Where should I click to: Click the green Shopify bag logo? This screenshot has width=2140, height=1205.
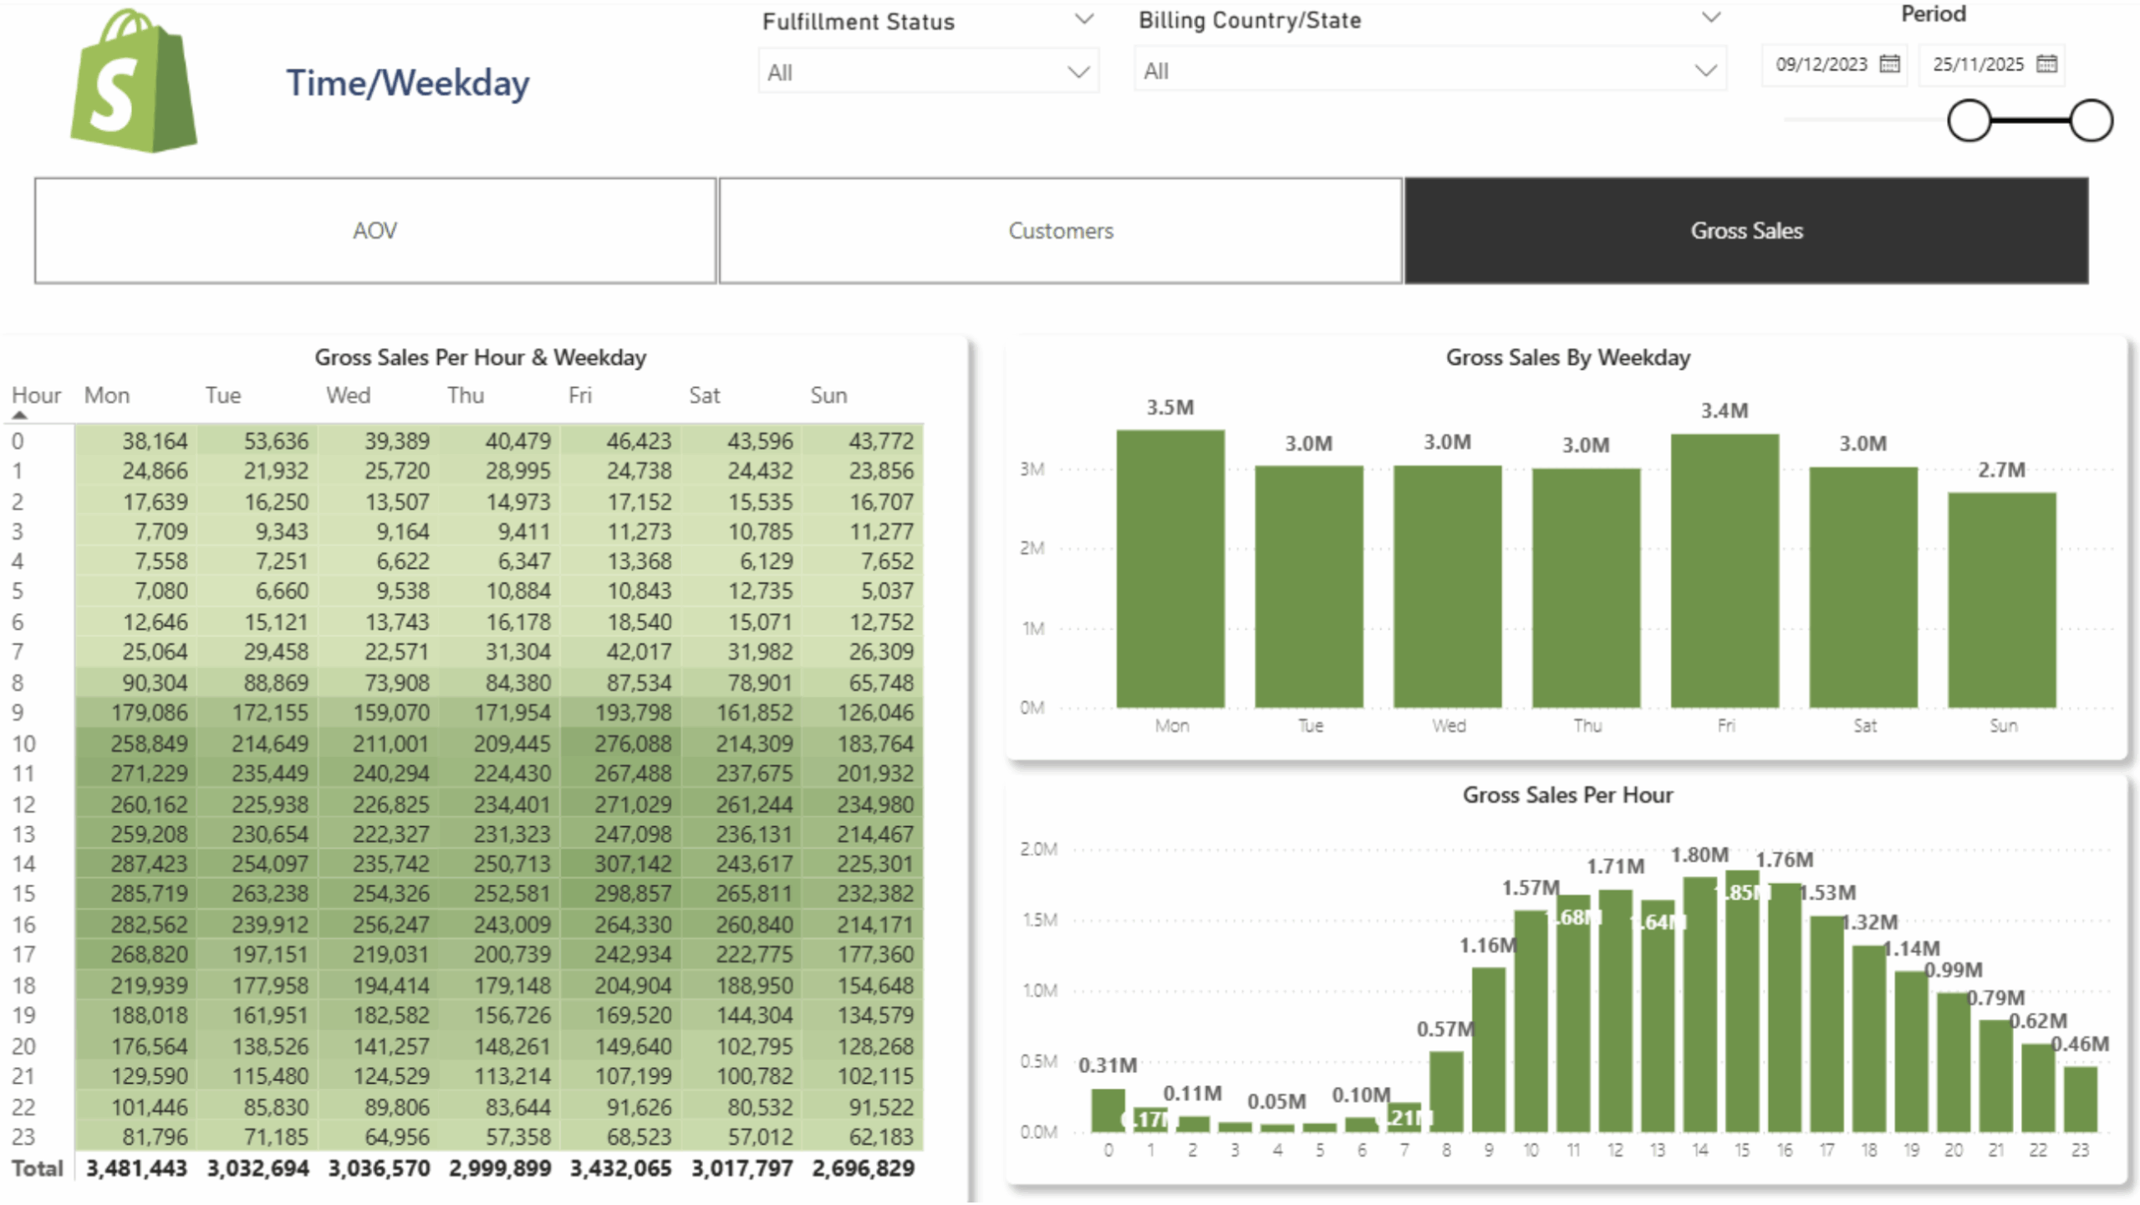click(134, 84)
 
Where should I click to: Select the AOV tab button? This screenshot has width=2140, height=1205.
click(374, 231)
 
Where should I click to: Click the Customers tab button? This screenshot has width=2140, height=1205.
click(1060, 231)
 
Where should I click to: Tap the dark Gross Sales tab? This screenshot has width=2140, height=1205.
click(1745, 231)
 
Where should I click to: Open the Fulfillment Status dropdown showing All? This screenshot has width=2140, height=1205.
click(928, 72)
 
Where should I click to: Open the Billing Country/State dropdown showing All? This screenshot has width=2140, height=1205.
click(1429, 71)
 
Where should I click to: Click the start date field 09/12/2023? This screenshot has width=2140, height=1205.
click(1821, 64)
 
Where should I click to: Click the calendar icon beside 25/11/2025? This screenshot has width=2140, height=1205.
click(2046, 64)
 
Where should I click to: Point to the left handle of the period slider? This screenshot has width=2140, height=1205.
click(1969, 120)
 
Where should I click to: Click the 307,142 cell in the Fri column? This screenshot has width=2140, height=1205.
click(632, 864)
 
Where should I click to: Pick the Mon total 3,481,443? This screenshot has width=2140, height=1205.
click(136, 1168)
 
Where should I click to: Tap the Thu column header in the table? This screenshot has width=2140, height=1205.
click(466, 395)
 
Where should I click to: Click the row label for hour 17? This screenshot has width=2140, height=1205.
click(23, 954)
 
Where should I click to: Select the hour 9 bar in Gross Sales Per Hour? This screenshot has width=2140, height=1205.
click(1488, 1049)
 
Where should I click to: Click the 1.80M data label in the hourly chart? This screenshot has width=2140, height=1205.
click(1699, 855)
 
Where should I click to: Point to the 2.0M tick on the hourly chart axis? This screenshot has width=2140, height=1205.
click(1038, 849)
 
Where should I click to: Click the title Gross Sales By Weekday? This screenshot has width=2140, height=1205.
click(1567, 358)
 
